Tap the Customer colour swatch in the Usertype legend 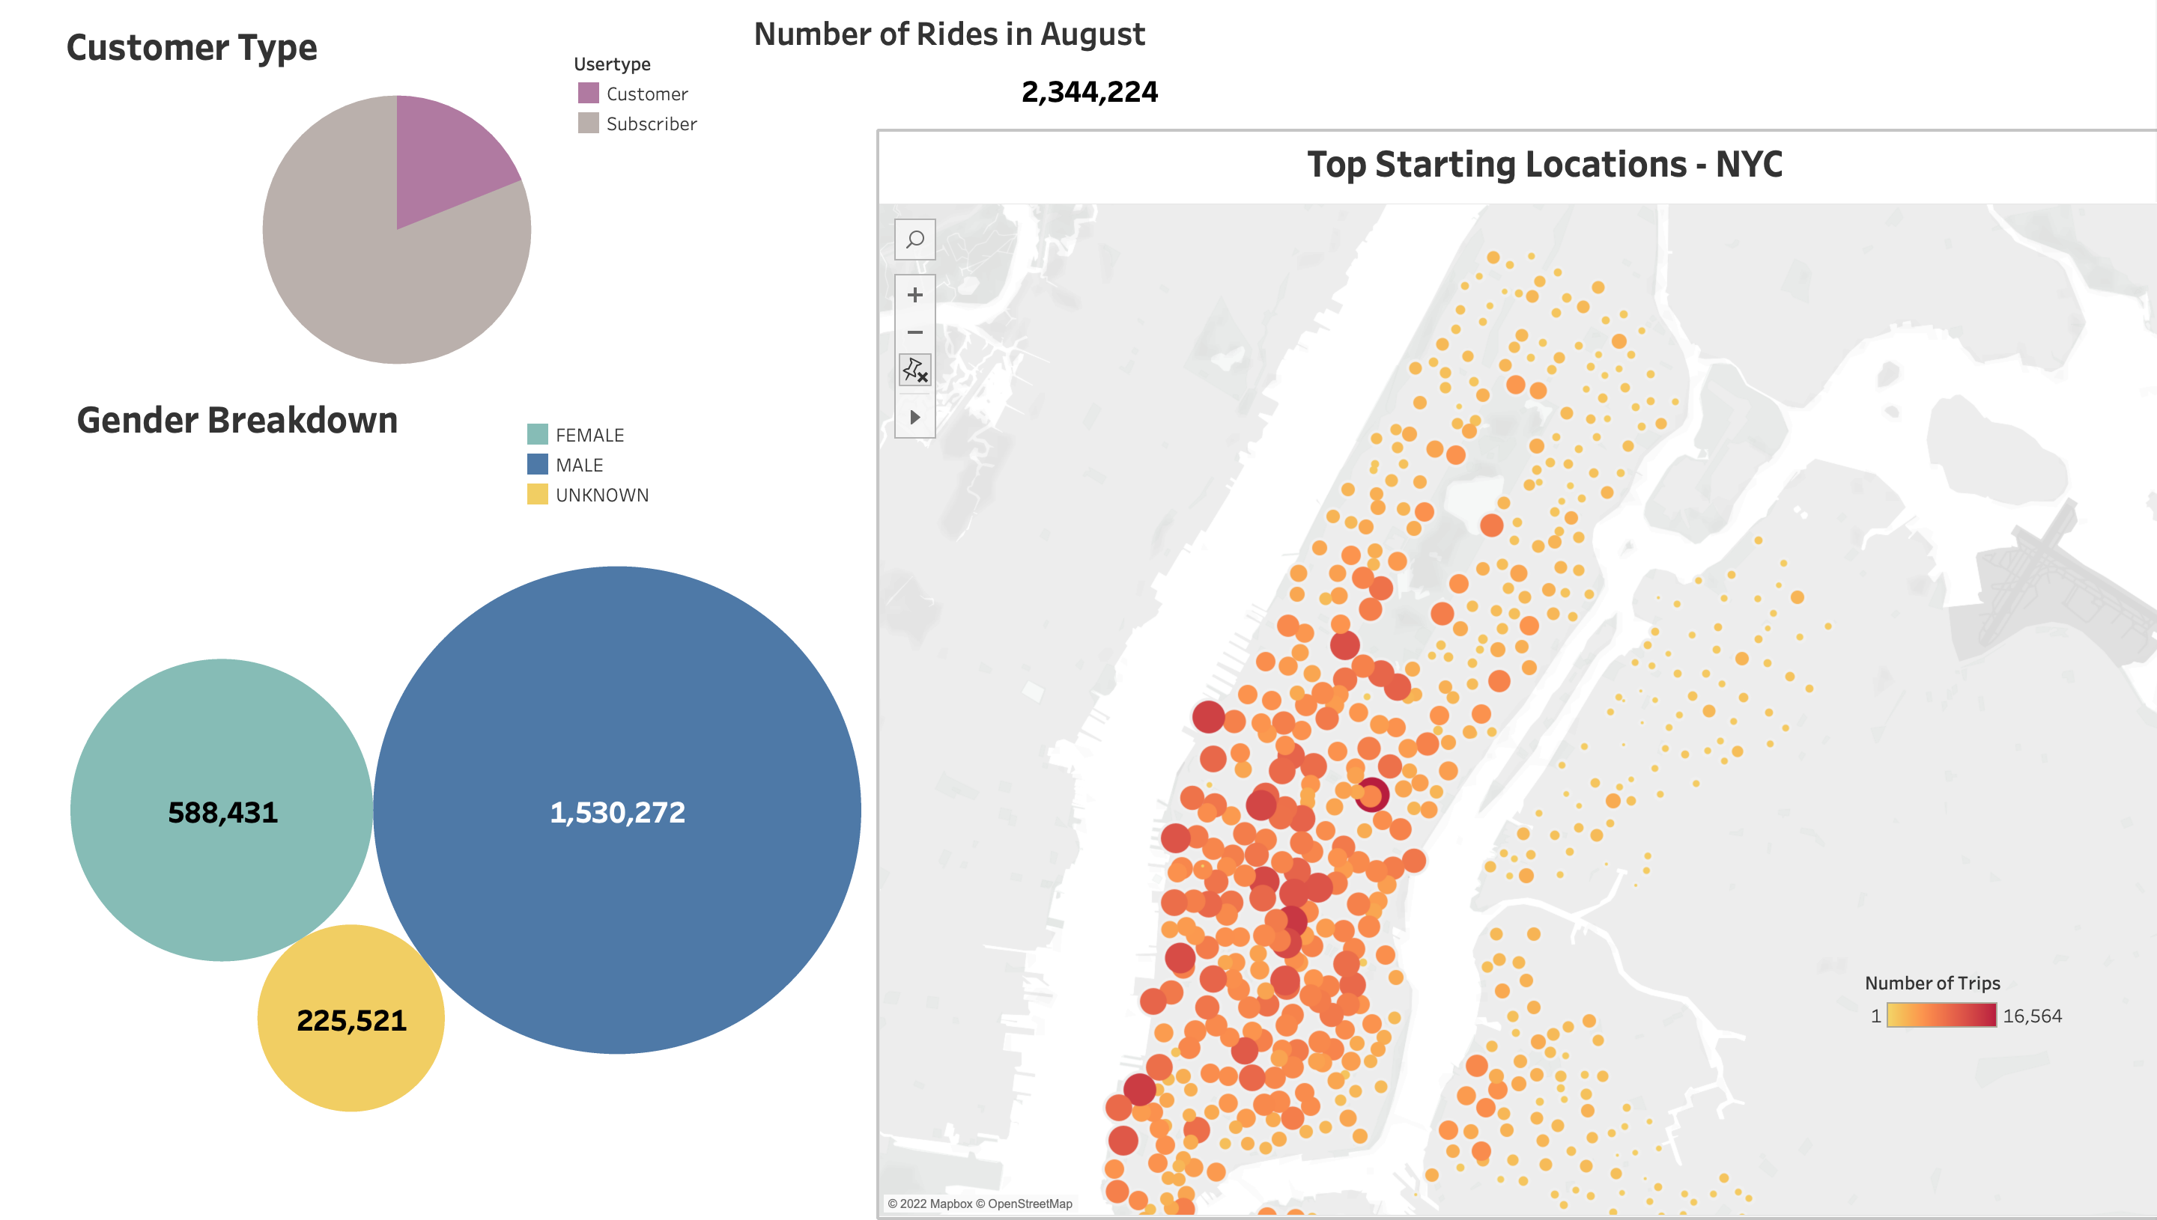click(589, 93)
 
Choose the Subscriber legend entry click(651, 124)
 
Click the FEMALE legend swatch click(537, 434)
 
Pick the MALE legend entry click(578, 465)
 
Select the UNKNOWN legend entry click(601, 495)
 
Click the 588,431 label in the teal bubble click(223, 812)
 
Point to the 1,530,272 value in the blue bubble click(617, 812)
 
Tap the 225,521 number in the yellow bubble click(351, 1019)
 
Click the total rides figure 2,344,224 click(1089, 91)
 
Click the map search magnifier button click(914, 240)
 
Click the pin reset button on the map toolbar click(914, 370)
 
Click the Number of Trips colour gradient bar click(1941, 1016)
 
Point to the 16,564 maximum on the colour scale click(2032, 1016)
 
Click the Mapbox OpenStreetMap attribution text click(979, 1204)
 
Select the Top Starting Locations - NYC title click(1544, 164)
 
